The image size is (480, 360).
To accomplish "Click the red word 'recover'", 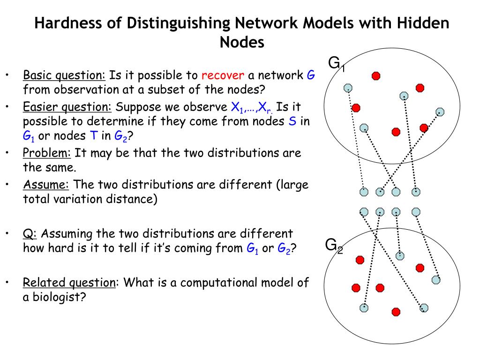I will (223, 75).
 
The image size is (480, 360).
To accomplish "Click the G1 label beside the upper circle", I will (336, 63).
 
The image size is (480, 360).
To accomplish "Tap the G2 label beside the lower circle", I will (334, 245).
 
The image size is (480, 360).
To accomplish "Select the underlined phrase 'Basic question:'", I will (65, 75).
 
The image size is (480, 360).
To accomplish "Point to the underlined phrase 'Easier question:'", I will (67, 107).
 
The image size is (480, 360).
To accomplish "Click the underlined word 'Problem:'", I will (46, 153).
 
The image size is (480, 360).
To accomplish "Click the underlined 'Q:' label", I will (30, 233).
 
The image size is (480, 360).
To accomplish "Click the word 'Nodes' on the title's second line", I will (242, 42).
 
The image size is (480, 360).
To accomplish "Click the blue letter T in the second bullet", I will (93, 136).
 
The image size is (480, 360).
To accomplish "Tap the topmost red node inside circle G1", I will (376, 75).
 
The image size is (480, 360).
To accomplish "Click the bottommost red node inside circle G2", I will (396, 311).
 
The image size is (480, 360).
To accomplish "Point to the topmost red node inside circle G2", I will (360, 259).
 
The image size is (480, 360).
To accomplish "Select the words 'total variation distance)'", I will (90, 199).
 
